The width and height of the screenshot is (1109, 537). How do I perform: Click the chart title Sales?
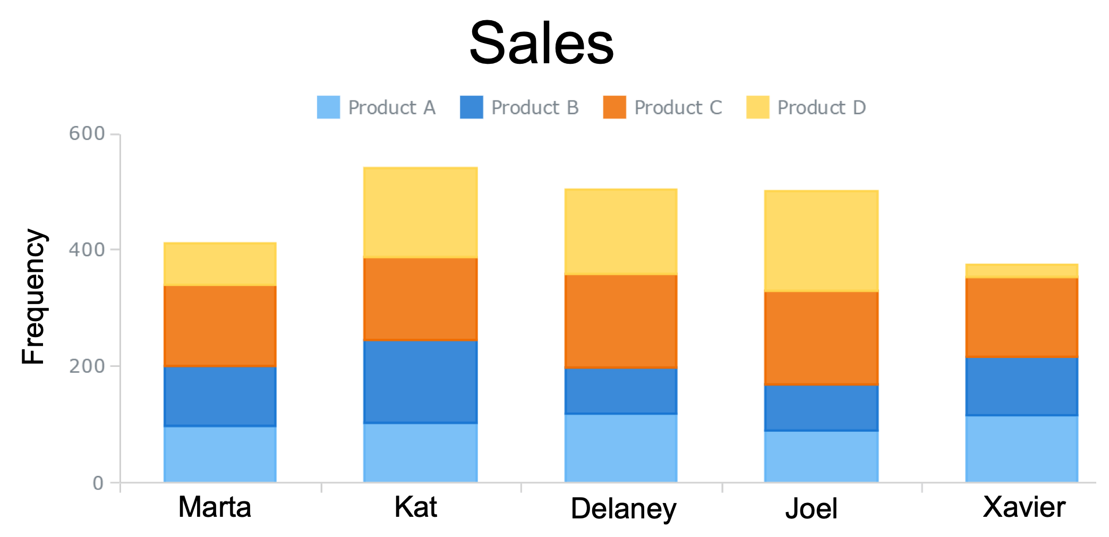click(541, 44)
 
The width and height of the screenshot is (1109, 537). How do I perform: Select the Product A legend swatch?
click(328, 107)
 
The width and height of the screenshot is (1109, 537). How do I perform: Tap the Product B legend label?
click(534, 107)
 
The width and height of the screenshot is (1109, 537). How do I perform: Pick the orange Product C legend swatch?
click(615, 107)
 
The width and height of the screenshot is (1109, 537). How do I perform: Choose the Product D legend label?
click(821, 107)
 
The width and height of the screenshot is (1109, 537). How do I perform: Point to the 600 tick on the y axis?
click(87, 133)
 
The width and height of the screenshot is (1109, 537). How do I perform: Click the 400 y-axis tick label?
click(87, 249)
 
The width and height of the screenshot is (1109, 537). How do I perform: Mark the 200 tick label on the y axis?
click(87, 366)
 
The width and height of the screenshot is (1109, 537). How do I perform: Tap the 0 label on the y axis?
click(98, 483)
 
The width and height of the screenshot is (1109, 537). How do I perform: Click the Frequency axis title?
click(33, 297)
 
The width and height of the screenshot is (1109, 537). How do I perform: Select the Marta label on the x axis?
click(215, 507)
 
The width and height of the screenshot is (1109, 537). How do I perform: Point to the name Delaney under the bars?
click(623, 508)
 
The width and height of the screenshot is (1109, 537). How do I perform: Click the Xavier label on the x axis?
click(1023, 507)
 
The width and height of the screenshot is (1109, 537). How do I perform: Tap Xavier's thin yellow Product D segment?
click(1021, 271)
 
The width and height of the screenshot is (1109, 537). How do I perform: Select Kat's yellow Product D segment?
click(420, 213)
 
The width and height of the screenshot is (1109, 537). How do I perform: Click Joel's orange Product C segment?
click(821, 338)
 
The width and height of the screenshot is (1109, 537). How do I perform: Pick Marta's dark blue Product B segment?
click(220, 396)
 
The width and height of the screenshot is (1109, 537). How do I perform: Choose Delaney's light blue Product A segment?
click(620, 448)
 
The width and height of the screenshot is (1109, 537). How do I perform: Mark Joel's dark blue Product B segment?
click(821, 408)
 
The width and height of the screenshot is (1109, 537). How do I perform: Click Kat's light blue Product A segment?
click(420, 452)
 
